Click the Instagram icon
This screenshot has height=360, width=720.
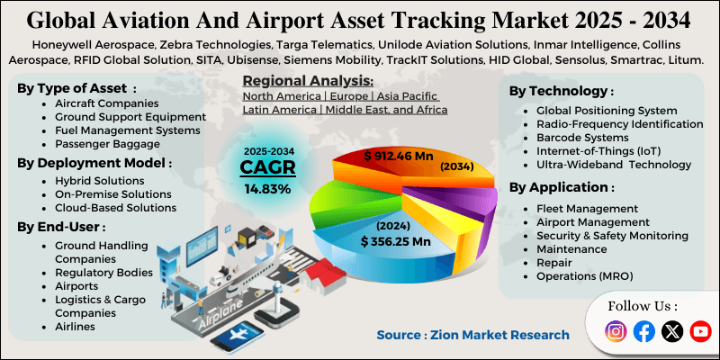click(x=616, y=332)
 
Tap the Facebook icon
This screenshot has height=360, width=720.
click(x=644, y=332)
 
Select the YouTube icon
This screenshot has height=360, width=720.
click(x=700, y=332)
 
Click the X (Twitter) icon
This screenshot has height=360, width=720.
click(x=672, y=332)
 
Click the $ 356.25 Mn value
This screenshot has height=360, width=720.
click(x=395, y=241)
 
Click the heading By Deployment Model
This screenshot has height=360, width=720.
click(x=93, y=163)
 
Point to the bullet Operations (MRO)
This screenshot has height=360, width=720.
click(x=584, y=275)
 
